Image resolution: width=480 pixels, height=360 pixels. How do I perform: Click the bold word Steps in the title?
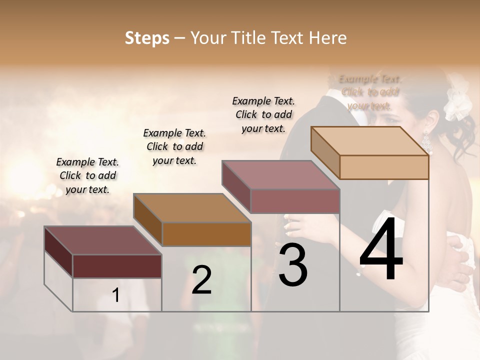tap(146, 38)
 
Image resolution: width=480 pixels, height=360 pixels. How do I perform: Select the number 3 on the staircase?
tap(293, 265)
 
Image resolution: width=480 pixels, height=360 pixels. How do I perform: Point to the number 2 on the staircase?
tap(202, 280)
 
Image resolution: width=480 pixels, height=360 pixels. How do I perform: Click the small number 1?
tap(116, 295)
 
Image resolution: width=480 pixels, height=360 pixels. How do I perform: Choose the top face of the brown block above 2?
tap(192, 208)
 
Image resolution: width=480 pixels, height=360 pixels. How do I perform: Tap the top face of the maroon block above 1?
tap(103, 240)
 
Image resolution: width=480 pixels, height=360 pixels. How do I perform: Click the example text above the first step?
tap(87, 175)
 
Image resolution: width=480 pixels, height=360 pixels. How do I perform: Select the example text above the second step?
tap(174, 146)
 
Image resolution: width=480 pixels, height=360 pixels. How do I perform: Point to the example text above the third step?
tap(263, 114)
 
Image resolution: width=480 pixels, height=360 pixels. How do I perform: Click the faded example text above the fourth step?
tap(370, 92)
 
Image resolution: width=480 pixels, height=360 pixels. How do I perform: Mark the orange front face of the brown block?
tap(206, 234)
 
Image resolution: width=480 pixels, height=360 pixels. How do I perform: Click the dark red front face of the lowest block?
tap(117, 266)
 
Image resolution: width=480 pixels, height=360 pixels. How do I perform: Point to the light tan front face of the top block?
tap(384, 167)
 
